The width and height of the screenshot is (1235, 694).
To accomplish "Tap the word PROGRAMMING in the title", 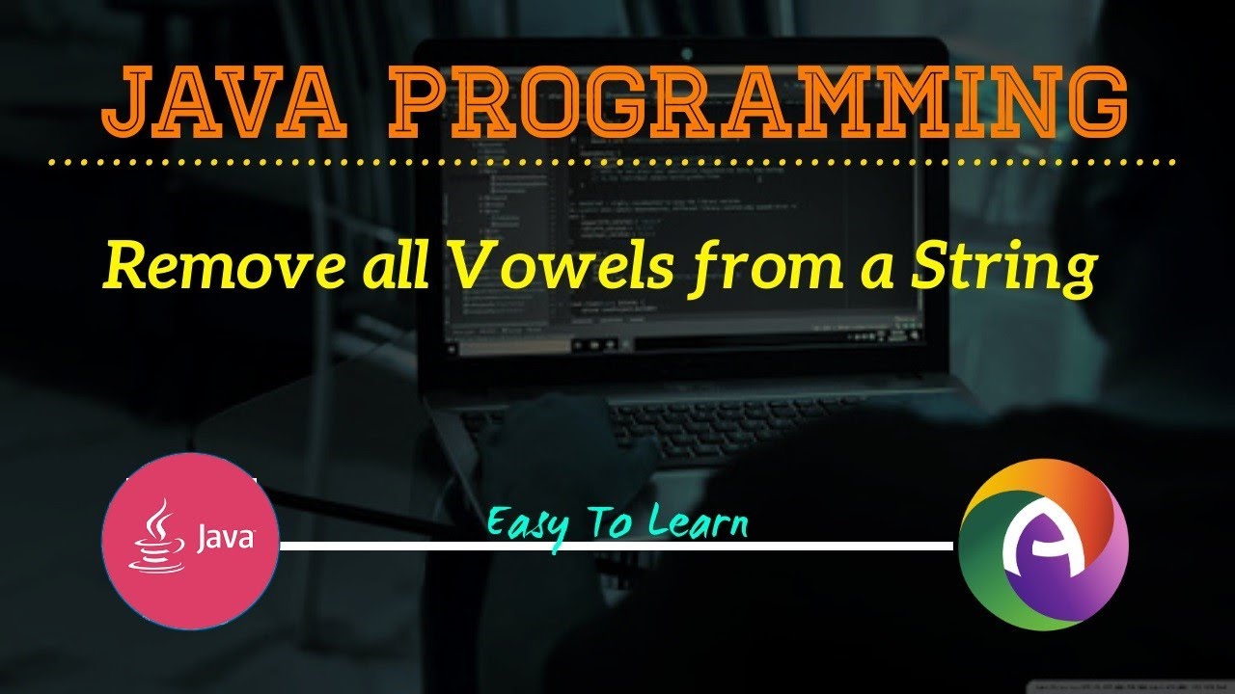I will pyautogui.click(x=756, y=102).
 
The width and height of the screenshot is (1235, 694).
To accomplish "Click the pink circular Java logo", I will pyautogui.click(x=191, y=541).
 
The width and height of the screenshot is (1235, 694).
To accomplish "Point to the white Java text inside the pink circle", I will pyautogui.click(x=224, y=538).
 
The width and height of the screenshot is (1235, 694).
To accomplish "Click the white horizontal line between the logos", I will pyautogui.click(x=617, y=546).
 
